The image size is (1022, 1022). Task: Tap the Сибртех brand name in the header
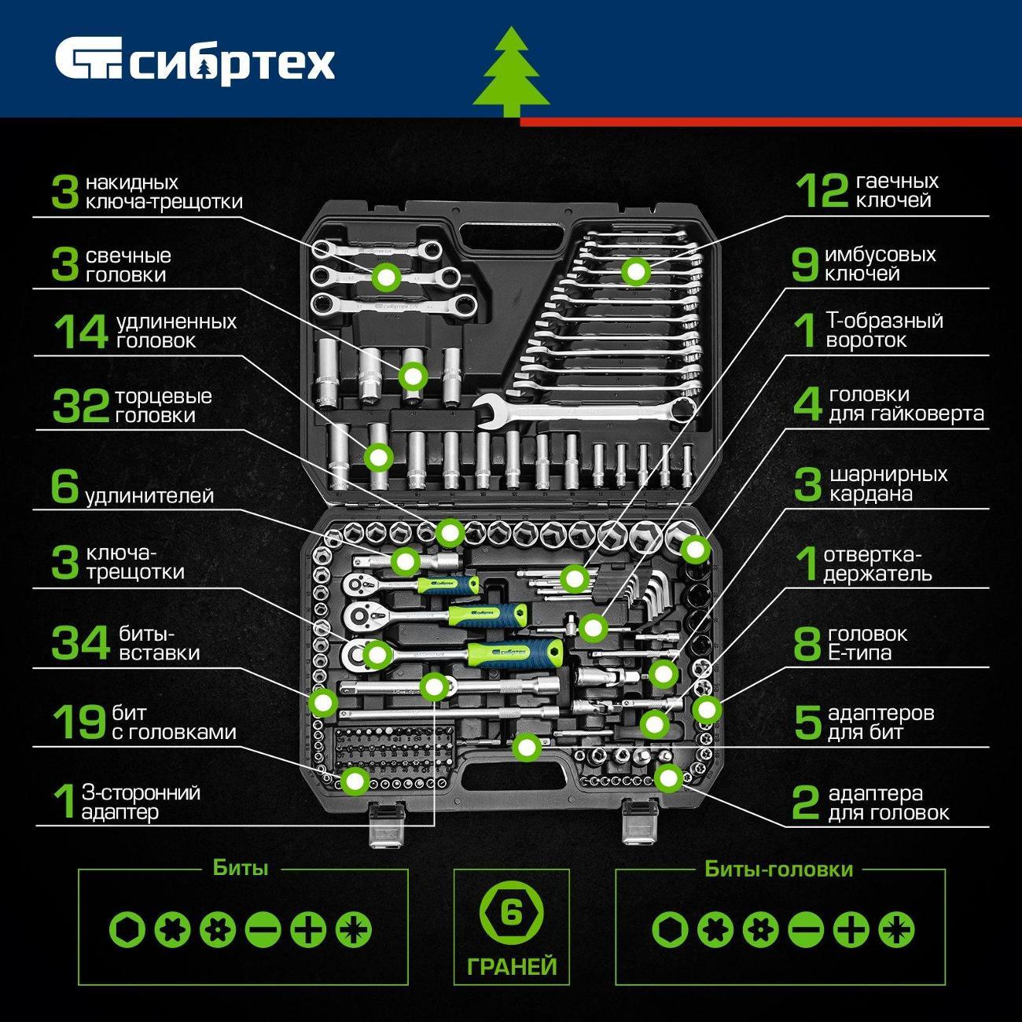(x=233, y=64)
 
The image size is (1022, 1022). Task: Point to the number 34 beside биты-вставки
(x=80, y=643)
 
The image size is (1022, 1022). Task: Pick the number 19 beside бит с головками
(x=80, y=722)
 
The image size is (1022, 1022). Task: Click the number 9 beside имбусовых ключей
(x=805, y=264)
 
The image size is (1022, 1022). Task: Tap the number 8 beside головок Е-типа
(x=807, y=643)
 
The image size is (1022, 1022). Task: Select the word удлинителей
(x=149, y=496)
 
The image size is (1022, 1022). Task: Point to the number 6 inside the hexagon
(x=512, y=913)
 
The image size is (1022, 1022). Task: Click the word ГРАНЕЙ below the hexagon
(x=512, y=966)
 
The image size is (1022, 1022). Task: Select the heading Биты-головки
(x=778, y=869)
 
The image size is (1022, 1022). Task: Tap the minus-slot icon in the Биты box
(x=263, y=930)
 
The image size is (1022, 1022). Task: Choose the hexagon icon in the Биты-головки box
(x=671, y=930)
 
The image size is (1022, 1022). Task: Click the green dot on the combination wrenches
(x=636, y=271)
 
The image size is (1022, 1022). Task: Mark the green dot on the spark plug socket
(x=413, y=377)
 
